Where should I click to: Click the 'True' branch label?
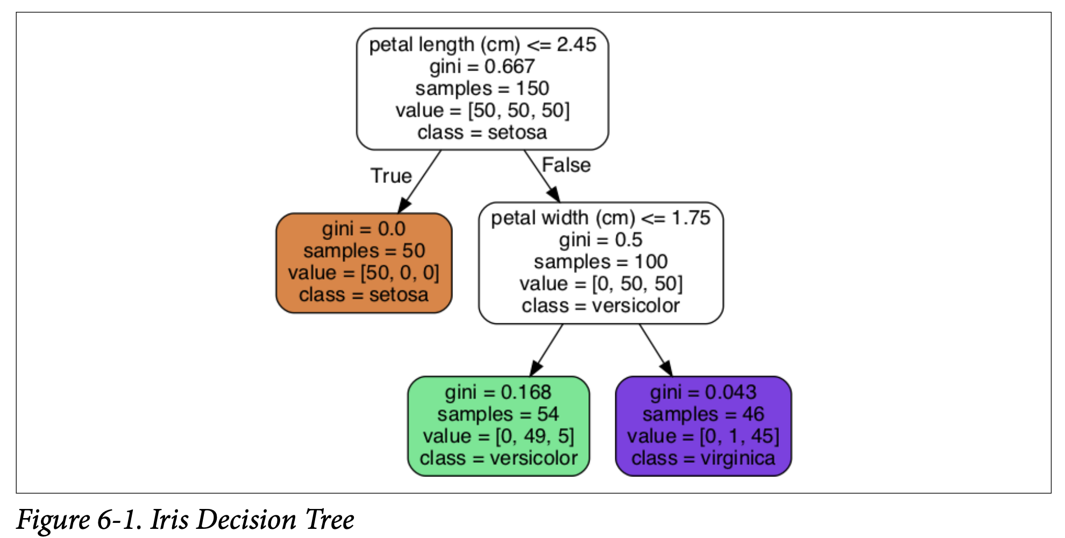click(x=391, y=176)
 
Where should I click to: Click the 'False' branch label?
click(x=566, y=165)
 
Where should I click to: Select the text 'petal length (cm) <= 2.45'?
click(x=482, y=45)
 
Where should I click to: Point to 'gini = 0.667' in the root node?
click(x=482, y=67)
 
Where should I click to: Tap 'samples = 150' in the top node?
click(x=482, y=88)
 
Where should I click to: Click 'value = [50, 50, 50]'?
click(x=482, y=110)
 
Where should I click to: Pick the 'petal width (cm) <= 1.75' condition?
click(x=601, y=218)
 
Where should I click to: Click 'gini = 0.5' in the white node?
click(x=601, y=240)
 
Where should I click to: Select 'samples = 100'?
click(x=601, y=262)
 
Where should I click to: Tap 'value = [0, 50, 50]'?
click(x=601, y=284)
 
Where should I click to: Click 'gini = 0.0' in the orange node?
click(x=364, y=229)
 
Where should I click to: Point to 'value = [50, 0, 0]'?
click(x=364, y=273)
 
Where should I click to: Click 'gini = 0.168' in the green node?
click(x=498, y=392)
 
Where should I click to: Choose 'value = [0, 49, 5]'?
click(x=498, y=436)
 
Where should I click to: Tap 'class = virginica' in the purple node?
click(x=703, y=458)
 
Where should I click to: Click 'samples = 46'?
click(x=703, y=414)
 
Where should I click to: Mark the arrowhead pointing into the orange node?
click(x=404, y=206)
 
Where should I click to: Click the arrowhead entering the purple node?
click(x=667, y=369)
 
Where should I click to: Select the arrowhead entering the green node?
click(x=535, y=369)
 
